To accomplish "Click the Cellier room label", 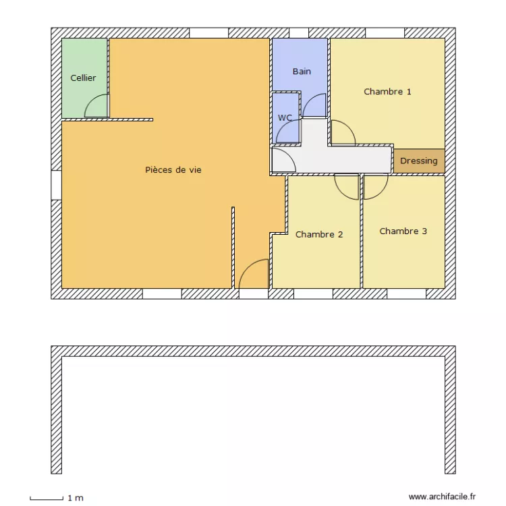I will [83, 78].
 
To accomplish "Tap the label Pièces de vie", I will [173, 170].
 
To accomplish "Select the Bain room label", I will [302, 72].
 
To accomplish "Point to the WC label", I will [285, 118].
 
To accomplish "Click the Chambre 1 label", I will [387, 92].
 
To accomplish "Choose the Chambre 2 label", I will [319, 235].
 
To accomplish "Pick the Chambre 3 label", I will [403, 231].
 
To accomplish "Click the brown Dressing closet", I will [419, 161].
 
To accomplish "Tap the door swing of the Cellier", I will [96, 105].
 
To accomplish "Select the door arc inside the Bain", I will [314, 105].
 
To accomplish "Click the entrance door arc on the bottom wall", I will [254, 274].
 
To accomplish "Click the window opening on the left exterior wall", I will [56, 185].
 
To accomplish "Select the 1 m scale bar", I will [47, 499].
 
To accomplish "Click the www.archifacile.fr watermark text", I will [443, 497].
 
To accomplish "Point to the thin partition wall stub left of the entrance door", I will [233, 247].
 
